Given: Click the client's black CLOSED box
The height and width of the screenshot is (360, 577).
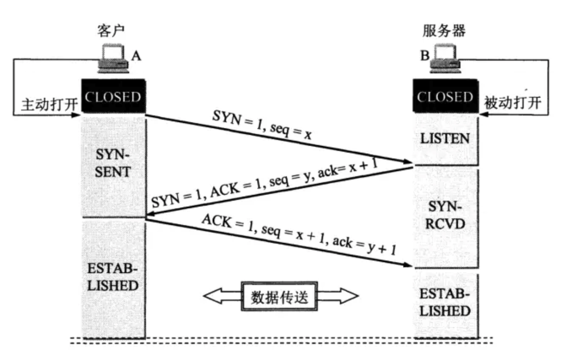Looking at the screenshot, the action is click(x=113, y=96).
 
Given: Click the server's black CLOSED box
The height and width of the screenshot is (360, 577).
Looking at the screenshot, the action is click(x=446, y=96).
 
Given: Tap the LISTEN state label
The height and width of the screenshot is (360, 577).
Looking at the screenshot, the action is click(x=445, y=139).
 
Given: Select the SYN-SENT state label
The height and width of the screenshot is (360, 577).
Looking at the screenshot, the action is click(x=113, y=163).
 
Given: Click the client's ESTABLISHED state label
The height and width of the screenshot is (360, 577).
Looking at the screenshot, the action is click(x=113, y=277).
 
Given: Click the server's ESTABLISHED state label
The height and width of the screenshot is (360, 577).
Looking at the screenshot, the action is click(x=445, y=302).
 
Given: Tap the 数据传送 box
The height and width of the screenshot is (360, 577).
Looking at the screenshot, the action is click(x=280, y=296).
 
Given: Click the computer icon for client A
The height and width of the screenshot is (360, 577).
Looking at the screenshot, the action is click(x=113, y=59).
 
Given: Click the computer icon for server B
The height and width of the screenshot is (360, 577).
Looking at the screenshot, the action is click(x=445, y=59).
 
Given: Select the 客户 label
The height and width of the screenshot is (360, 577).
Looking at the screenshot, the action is click(x=111, y=31).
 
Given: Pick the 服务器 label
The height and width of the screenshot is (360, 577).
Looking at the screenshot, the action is click(x=444, y=31).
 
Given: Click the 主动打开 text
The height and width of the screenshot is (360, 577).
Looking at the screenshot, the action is click(x=49, y=104).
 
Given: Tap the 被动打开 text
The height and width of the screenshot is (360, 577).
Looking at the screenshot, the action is click(x=512, y=103).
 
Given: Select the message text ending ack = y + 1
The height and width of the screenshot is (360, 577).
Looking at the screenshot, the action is click(x=299, y=235).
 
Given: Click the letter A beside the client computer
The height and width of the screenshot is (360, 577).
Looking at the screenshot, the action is click(x=136, y=56).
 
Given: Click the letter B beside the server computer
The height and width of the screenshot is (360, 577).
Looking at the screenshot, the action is click(x=425, y=56).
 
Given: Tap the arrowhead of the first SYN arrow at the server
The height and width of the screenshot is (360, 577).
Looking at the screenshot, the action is click(x=408, y=162).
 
